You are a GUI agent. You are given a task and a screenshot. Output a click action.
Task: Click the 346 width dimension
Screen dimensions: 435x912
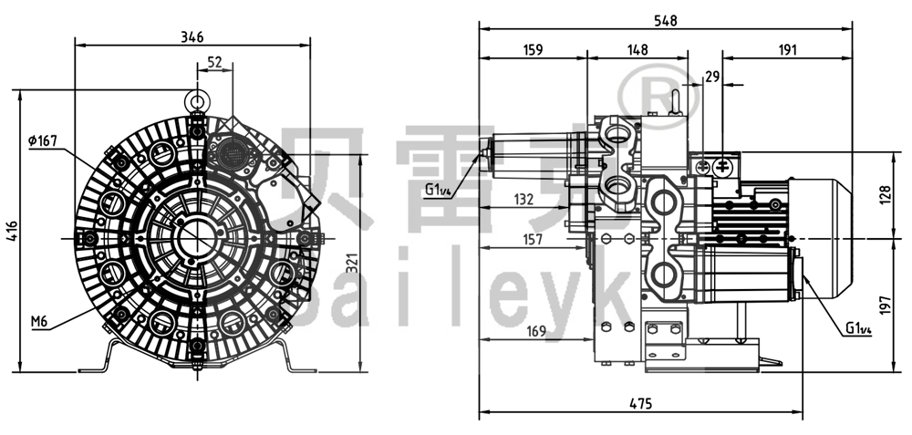pyautogui.click(x=192, y=36)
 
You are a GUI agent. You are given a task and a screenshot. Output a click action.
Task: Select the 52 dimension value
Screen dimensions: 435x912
pyautogui.click(x=214, y=61)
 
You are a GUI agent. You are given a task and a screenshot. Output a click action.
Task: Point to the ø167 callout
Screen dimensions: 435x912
pyautogui.click(x=43, y=140)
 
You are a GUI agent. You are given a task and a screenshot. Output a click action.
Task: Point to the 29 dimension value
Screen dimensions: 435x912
pyautogui.click(x=712, y=79)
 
